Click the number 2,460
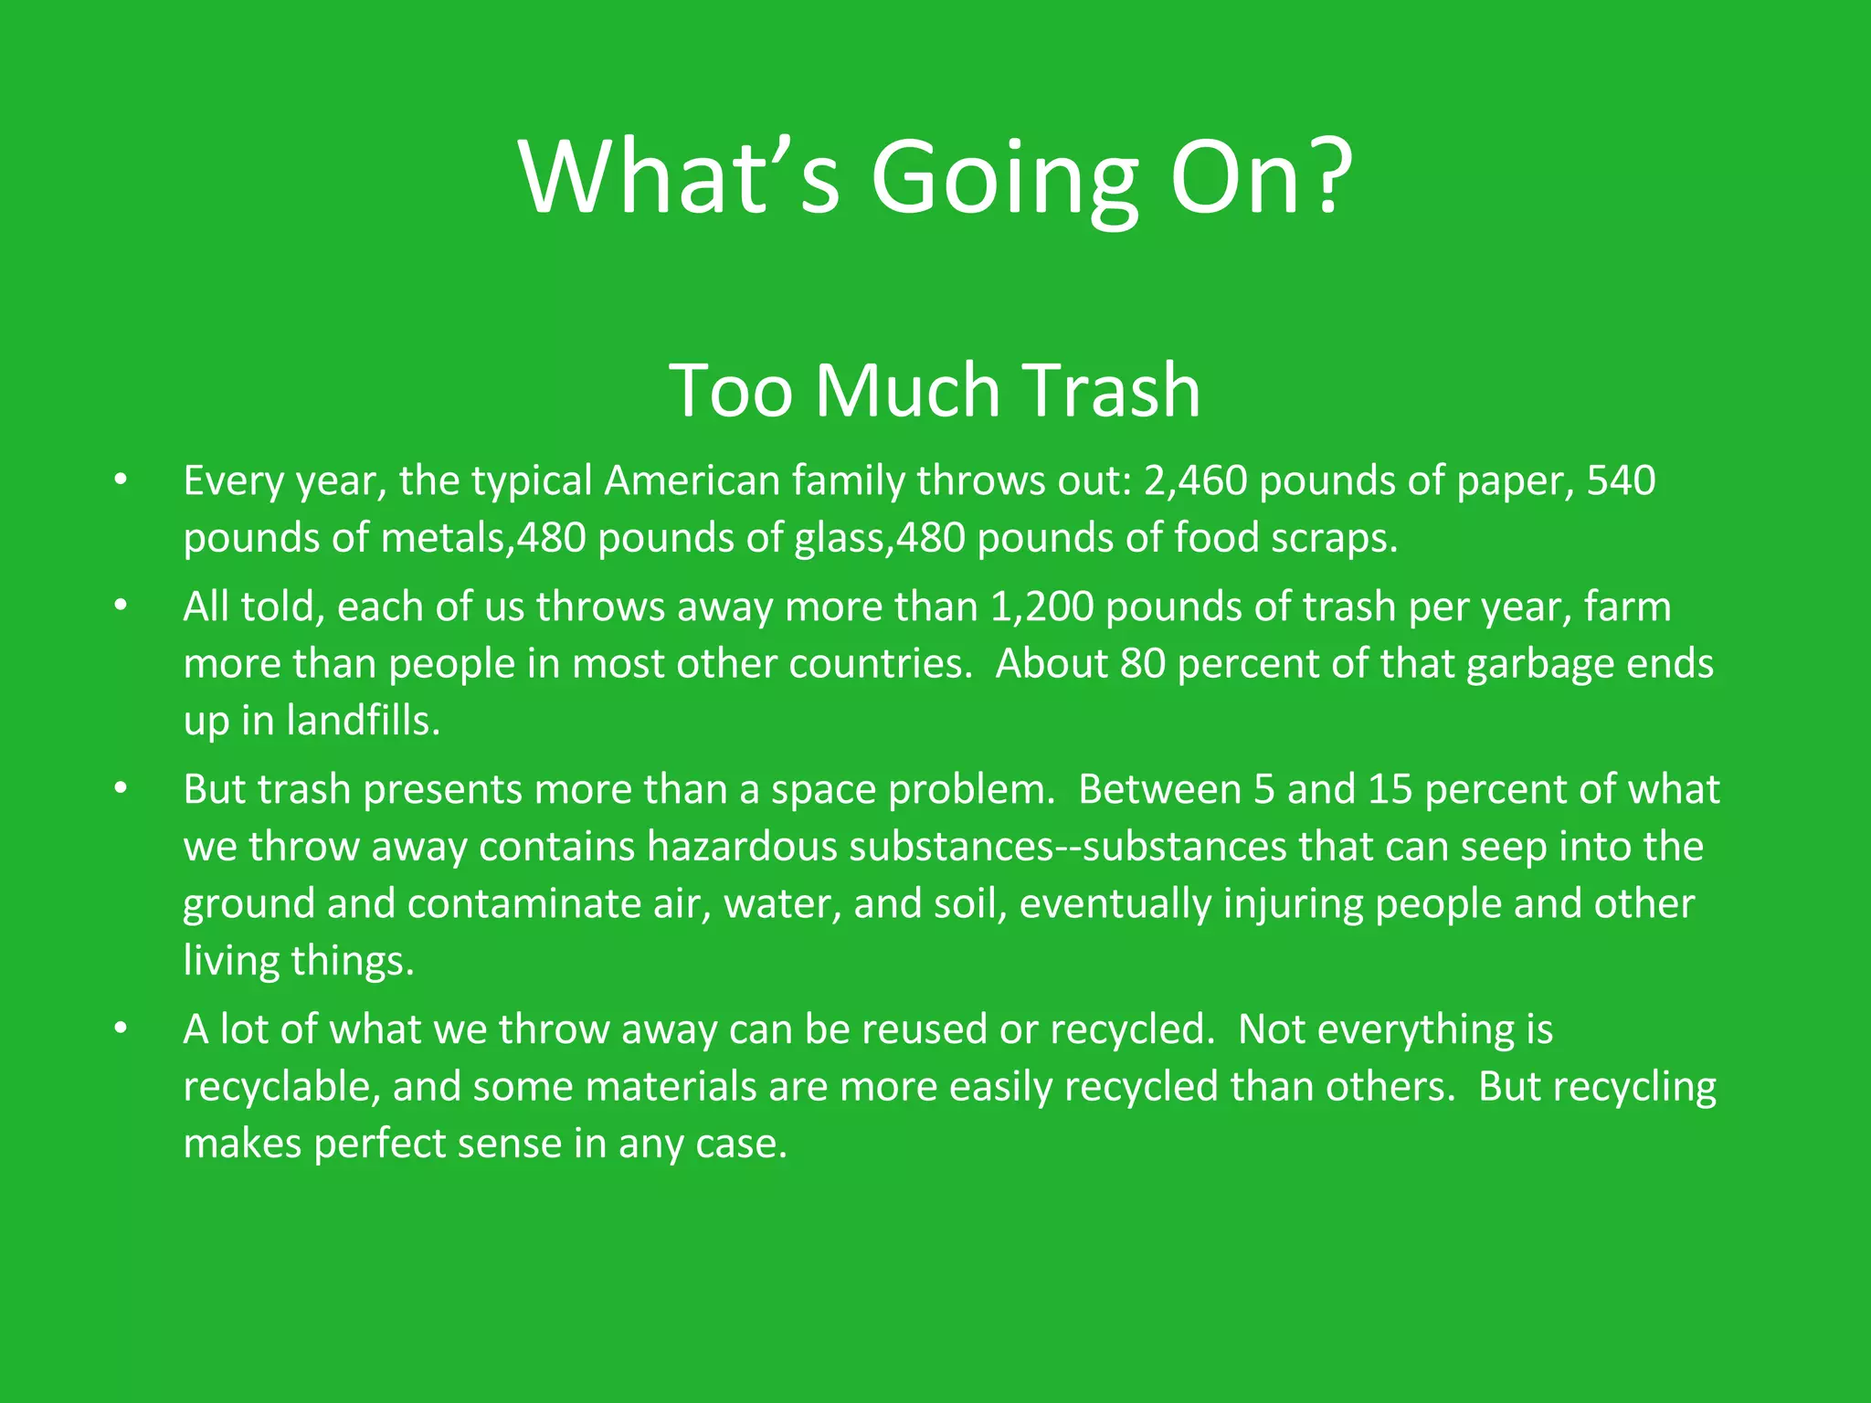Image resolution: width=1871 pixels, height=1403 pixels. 1195,480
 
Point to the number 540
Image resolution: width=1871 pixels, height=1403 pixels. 1622,480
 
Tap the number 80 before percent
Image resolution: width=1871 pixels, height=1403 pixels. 1143,664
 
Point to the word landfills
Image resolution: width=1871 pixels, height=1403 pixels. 363,721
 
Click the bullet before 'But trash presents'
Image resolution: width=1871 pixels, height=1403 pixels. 121,788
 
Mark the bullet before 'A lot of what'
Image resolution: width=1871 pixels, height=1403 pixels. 121,1029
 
